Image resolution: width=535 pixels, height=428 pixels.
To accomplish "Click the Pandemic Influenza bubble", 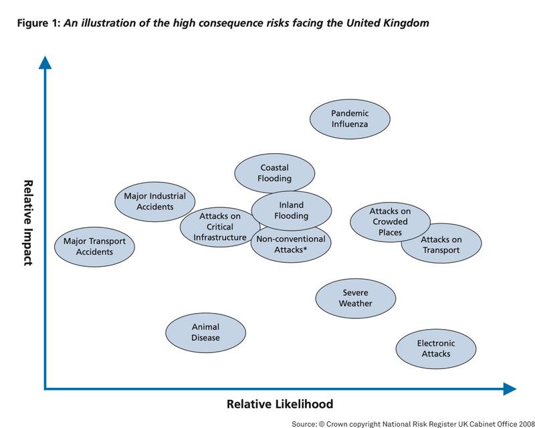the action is click(350, 119).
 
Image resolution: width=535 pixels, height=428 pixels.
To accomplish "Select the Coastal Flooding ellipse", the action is click(275, 173).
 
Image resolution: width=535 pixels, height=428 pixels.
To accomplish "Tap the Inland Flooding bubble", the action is click(292, 211).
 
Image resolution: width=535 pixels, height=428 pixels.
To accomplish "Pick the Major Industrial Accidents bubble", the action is click(155, 202).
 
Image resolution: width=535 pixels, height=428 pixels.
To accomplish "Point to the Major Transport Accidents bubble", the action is click(94, 247).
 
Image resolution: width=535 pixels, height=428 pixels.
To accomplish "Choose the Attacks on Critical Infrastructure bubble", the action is click(220, 227).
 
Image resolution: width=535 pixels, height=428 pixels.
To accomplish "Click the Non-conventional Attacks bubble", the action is click(291, 245).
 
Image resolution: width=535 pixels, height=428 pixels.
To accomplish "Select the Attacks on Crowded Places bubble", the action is click(390, 222).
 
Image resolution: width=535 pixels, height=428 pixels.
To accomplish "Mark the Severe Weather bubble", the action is click(356, 298).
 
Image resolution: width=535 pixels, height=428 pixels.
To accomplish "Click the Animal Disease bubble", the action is click(205, 333).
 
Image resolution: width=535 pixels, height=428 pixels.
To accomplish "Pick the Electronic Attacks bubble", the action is click(436, 349).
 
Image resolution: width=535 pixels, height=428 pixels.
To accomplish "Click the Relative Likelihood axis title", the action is click(280, 404).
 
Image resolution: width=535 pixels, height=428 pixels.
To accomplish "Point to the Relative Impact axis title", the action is click(28, 223).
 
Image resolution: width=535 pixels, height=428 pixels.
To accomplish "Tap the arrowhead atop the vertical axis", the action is click(45, 62).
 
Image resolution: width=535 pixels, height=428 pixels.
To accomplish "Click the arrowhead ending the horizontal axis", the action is click(510, 389).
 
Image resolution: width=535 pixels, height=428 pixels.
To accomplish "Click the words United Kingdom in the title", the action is click(388, 23).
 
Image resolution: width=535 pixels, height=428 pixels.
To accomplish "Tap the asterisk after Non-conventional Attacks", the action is click(305, 249).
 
